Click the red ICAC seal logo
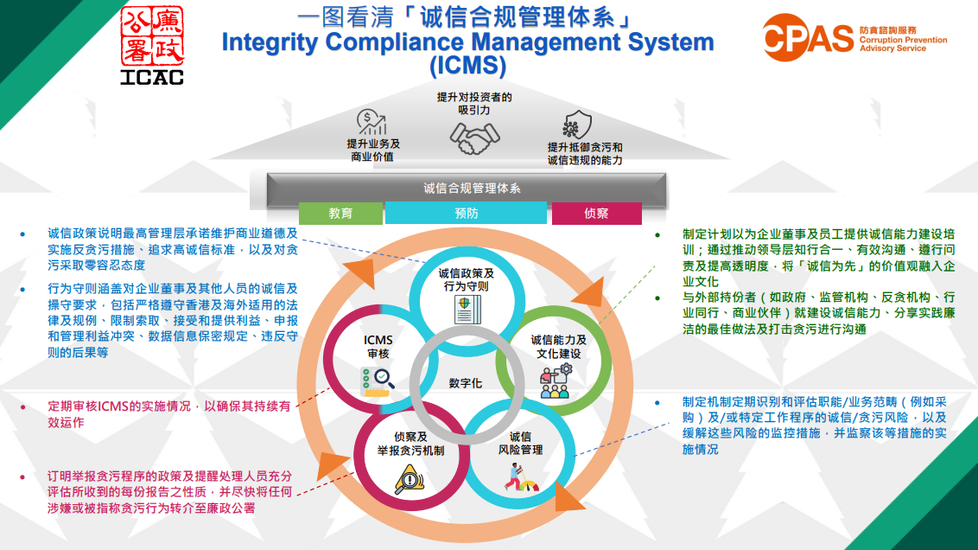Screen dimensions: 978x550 [x=152, y=37]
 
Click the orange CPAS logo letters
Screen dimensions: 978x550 [x=808, y=37]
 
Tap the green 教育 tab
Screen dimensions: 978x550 [x=340, y=214]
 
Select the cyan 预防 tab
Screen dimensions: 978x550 [x=466, y=214]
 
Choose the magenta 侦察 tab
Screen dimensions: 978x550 [x=596, y=214]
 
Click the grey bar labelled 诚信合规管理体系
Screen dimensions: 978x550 [x=467, y=188]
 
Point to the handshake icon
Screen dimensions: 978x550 [x=474, y=137]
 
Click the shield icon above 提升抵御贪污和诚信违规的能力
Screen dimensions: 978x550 [x=577, y=125]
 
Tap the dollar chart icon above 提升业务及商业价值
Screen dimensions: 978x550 [x=372, y=122]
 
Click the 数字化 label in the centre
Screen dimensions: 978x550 [x=466, y=383]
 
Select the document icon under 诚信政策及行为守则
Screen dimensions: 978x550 [x=467, y=310]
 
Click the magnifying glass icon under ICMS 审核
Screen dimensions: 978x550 [x=377, y=382]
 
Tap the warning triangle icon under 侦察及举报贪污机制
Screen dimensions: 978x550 [x=410, y=481]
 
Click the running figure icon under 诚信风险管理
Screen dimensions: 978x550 [x=521, y=477]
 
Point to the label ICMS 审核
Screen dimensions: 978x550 [x=378, y=347]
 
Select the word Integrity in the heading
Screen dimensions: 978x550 [x=270, y=42]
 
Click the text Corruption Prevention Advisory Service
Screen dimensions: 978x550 [x=903, y=44]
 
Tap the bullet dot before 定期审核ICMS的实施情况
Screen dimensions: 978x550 [x=23, y=407]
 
